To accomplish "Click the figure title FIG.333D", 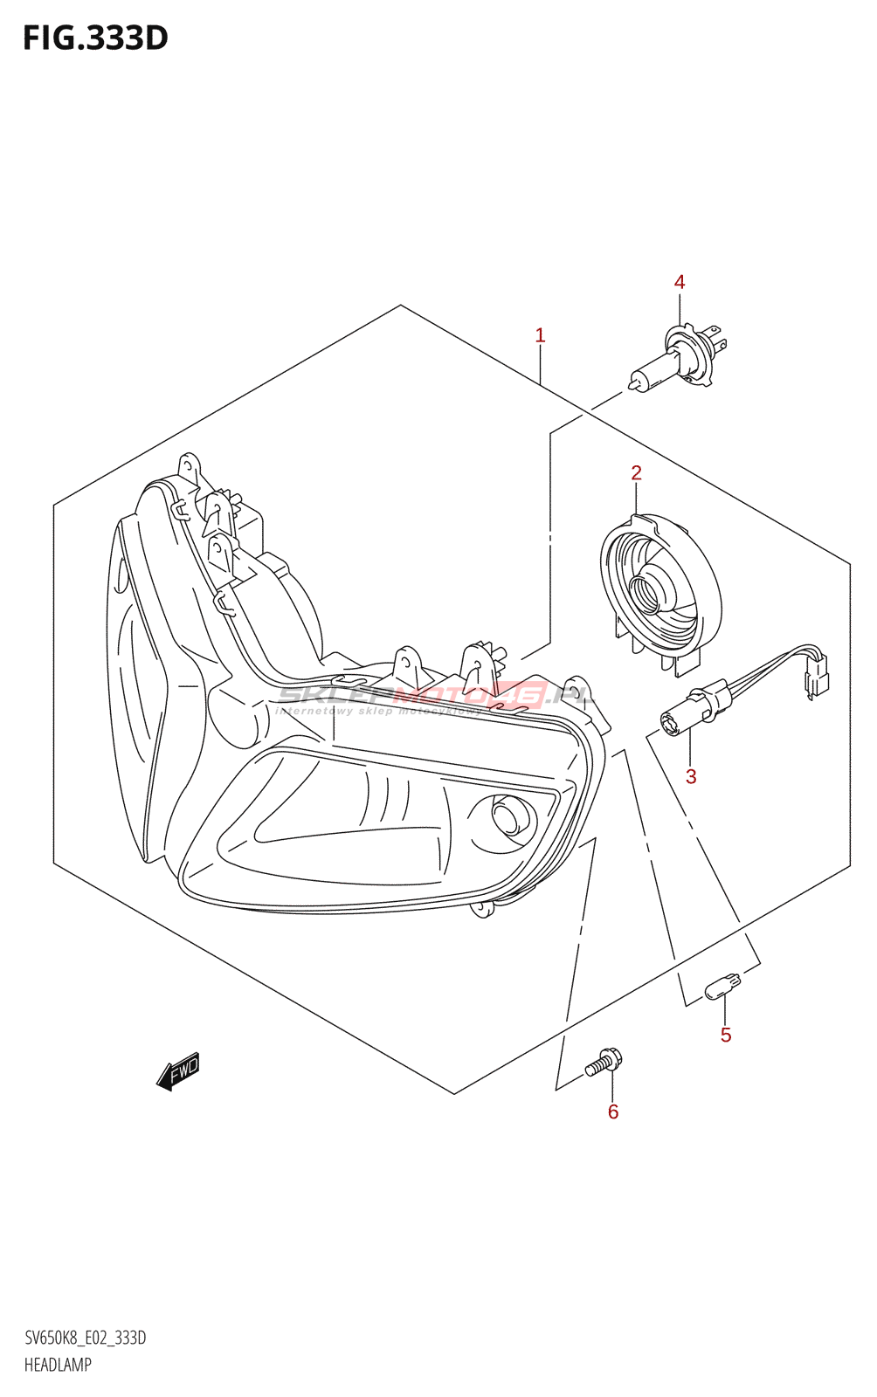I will (x=94, y=38).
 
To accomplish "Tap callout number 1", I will (x=540, y=335).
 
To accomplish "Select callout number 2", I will (x=636, y=473).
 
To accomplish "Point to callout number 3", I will (x=691, y=776).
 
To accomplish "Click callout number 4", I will (x=680, y=282).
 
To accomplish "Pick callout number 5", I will (x=726, y=1036).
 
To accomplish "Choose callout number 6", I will (x=613, y=1111).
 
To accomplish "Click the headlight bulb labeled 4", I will (x=677, y=359).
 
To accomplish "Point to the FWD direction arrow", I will (x=179, y=1071).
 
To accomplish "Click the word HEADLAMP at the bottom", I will (x=58, y=1365).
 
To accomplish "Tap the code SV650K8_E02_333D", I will (x=85, y=1339).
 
